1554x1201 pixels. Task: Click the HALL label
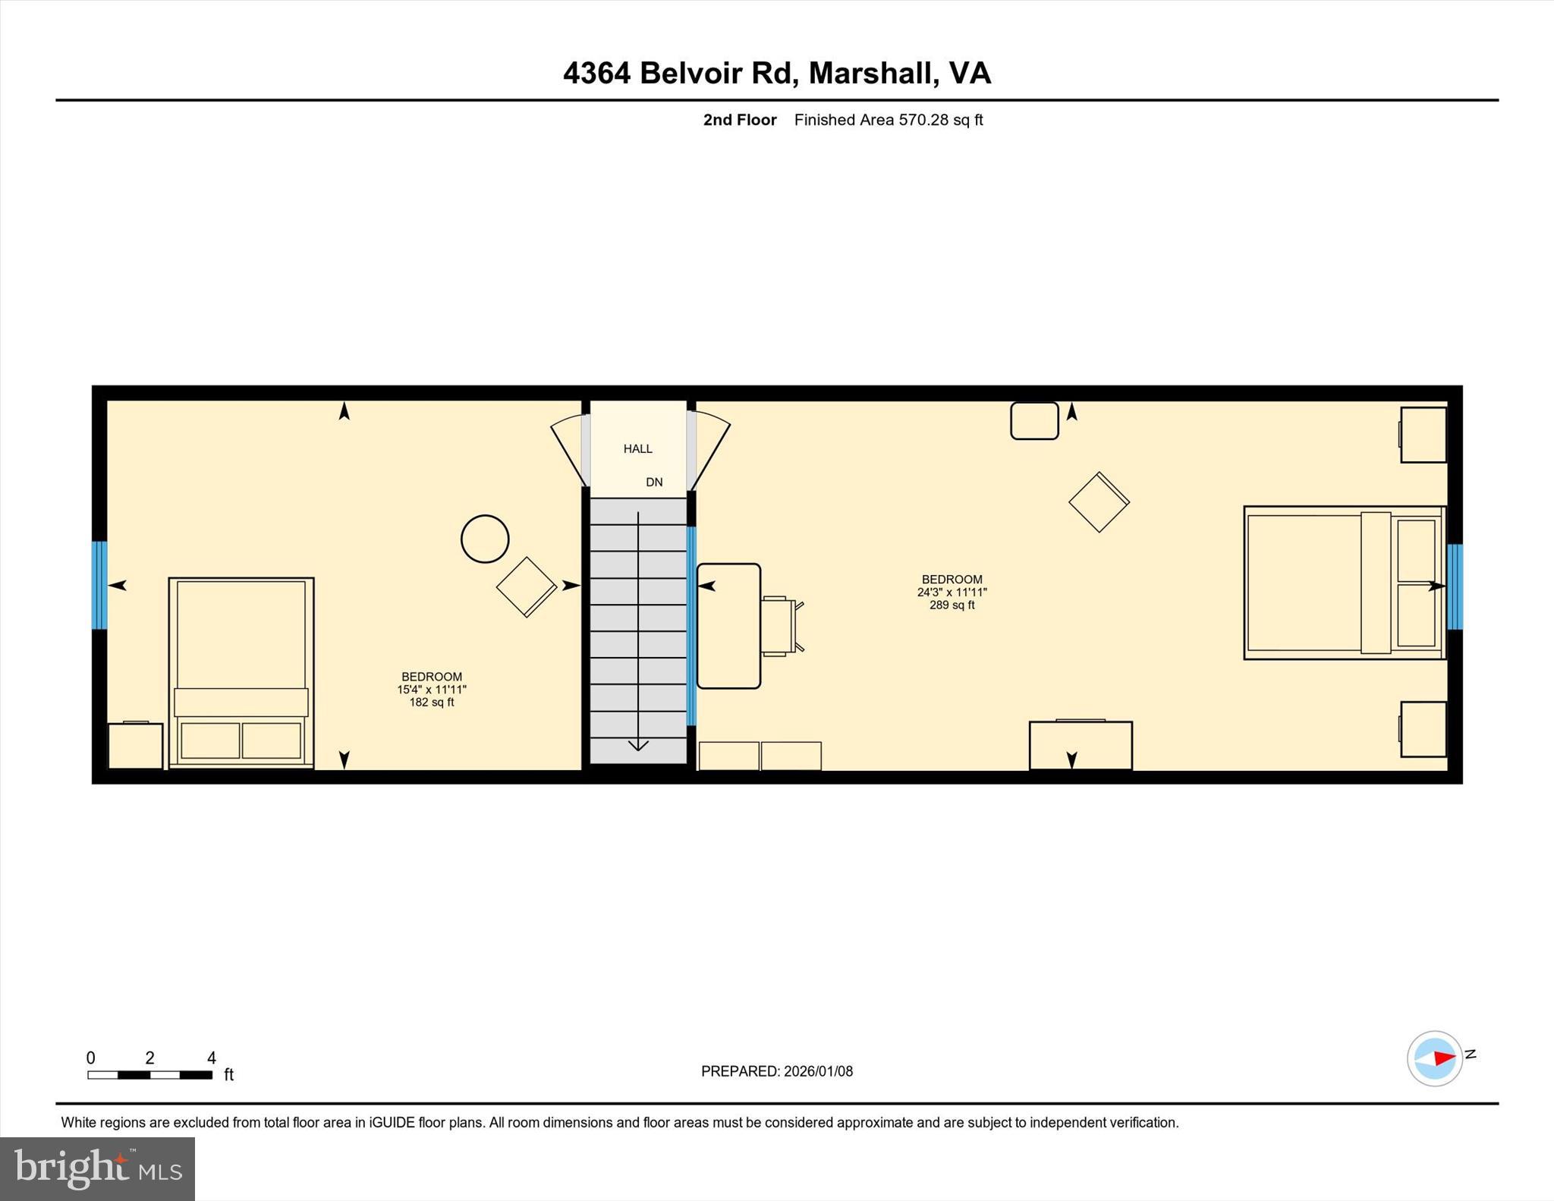637,448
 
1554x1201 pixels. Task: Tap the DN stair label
654,482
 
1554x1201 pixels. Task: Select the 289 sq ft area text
952,605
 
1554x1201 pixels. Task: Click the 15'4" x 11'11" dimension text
431,689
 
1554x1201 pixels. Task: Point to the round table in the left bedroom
485,539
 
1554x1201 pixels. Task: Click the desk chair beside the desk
780,626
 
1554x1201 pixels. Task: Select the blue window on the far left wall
99,585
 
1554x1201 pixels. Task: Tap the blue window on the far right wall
1454,586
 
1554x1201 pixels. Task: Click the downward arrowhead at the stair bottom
638,745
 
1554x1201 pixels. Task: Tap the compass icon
1434,1058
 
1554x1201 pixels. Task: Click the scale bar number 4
212,1057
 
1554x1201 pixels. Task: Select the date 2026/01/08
818,1071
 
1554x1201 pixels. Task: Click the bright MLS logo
97,1168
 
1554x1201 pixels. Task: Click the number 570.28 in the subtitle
923,120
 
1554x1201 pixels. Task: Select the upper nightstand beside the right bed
1423,435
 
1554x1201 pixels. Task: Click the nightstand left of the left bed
136,746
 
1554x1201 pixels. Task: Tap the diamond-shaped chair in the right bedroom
1099,501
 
